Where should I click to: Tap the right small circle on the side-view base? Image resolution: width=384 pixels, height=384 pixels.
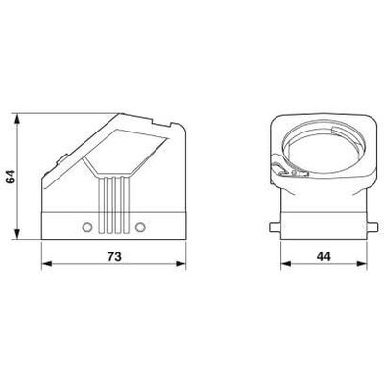pos(140,227)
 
